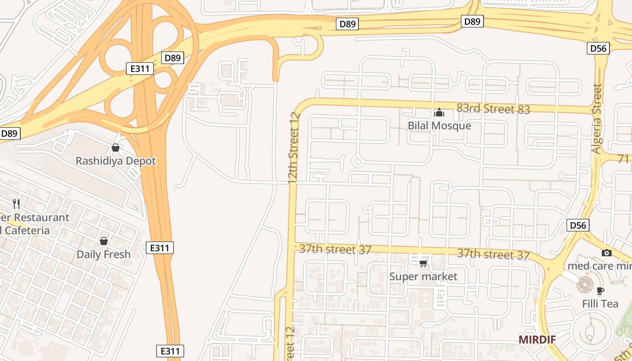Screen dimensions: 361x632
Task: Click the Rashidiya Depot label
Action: click(116, 161)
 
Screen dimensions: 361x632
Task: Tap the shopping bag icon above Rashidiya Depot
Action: click(116, 148)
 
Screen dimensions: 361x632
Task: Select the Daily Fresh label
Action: click(103, 255)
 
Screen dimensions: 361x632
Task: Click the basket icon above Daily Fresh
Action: click(104, 241)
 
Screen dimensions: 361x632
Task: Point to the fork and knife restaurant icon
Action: click(16, 204)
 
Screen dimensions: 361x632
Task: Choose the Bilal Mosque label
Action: click(439, 126)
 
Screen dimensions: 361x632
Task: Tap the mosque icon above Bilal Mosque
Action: click(439, 112)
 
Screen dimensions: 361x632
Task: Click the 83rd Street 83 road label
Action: click(493, 109)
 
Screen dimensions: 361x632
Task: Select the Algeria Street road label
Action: click(597, 119)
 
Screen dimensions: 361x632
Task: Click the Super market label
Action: click(423, 277)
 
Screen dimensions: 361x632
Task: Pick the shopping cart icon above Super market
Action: click(423, 263)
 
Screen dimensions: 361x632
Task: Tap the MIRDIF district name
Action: click(537, 340)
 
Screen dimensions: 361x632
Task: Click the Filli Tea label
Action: click(600, 304)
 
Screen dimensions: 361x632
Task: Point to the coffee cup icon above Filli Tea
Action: click(600, 290)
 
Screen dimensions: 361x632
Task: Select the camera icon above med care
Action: click(607, 253)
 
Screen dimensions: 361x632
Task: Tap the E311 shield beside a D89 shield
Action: click(140, 69)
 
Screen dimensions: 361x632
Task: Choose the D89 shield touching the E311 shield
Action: click(172, 58)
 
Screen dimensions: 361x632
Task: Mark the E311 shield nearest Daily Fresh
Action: click(160, 248)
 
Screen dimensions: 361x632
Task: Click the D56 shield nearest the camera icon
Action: click(578, 225)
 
